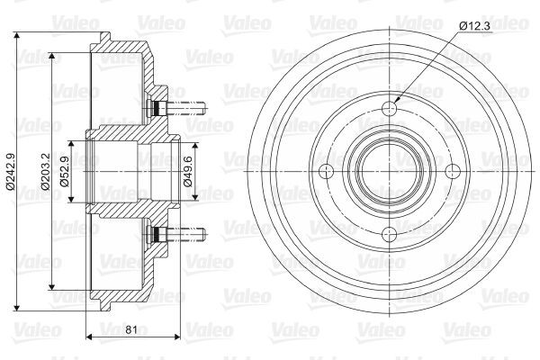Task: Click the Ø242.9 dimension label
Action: pos(10,171)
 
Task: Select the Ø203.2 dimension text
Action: pos(46,171)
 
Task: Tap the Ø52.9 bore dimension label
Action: pos(65,171)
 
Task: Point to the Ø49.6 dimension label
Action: pos(188,171)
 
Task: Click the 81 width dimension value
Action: pos(131,330)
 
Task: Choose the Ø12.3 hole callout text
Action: pos(474,26)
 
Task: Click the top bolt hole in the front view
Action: pos(390,109)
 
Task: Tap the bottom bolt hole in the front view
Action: pos(390,234)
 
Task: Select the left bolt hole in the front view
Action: pos(327,171)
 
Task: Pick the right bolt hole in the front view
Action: pos(453,171)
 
